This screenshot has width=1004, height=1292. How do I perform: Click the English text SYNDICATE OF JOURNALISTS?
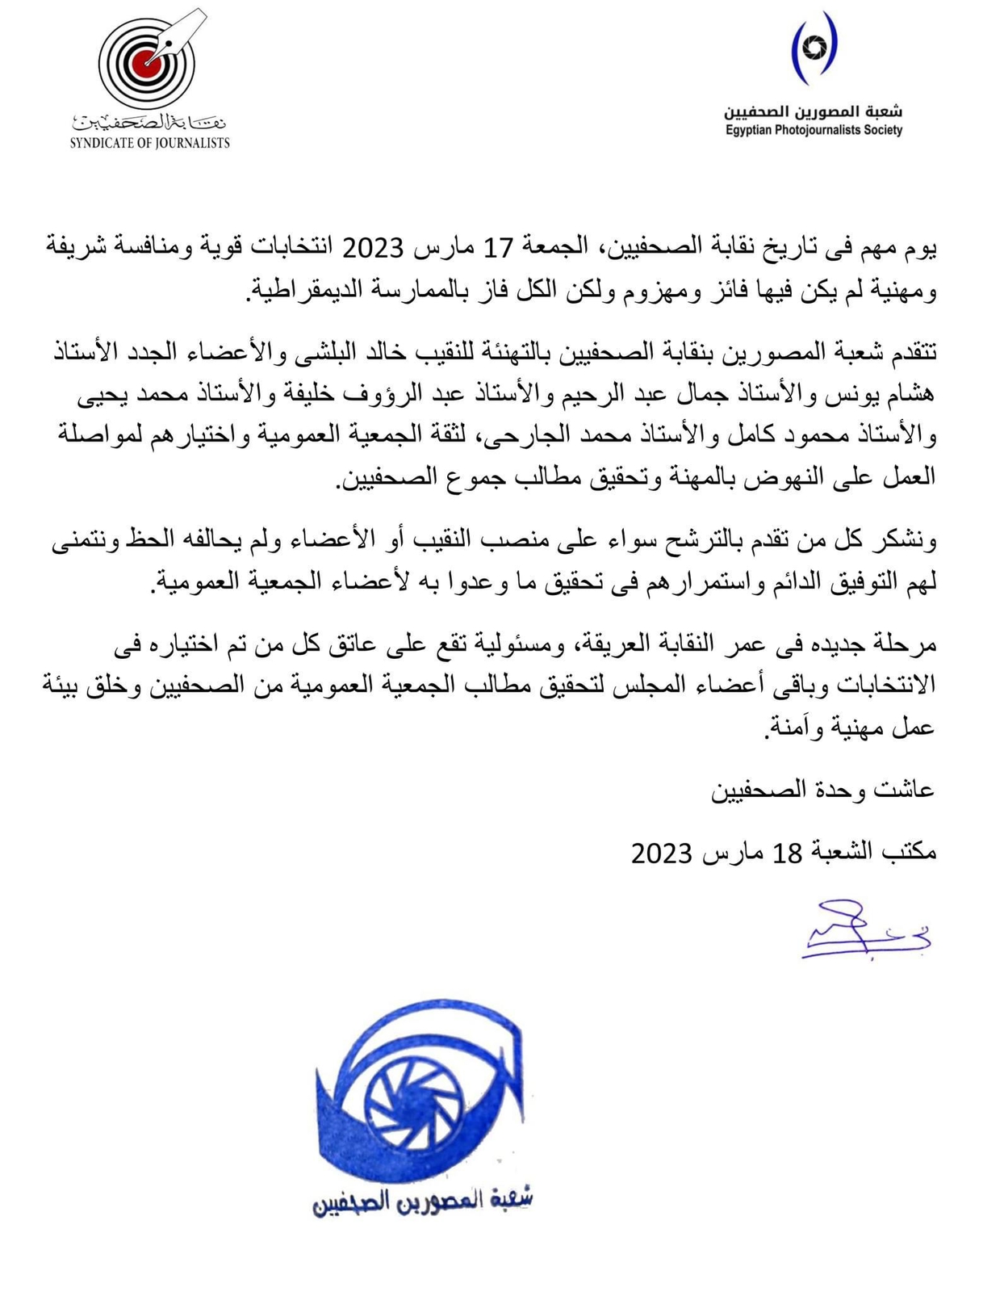[149, 144]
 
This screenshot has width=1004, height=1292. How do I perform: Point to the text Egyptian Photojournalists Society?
[813, 130]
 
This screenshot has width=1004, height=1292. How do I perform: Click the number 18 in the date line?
[788, 853]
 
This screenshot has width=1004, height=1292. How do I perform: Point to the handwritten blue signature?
[864, 932]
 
